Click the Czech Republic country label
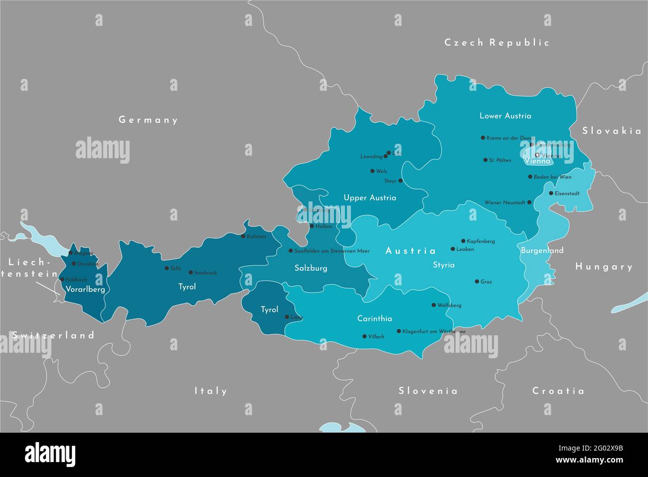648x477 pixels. (x=496, y=42)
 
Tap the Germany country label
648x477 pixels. (x=148, y=120)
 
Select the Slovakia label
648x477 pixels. (x=612, y=131)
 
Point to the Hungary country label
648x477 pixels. (x=604, y=266)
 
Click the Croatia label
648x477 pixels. (x=558, y=391)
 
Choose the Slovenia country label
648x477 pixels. (x=428, y=391)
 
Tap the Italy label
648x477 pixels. (x=210, y=391)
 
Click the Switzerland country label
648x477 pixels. (x=53, y=335)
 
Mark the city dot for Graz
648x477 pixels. (x=477, y=281)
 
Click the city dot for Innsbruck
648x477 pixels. (x=190, y=272)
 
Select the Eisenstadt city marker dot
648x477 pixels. (x=551, y=193)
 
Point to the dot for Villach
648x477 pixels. (x=364, y=336)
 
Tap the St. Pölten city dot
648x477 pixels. (x=485, y=160)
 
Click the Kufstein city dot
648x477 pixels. (x=243, y=236)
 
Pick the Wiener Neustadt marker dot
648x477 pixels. (x=529, y=203)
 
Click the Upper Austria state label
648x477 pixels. (x=370, y=198)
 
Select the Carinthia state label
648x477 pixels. (x=374, y=318)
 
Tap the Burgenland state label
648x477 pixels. (x=542, y=250)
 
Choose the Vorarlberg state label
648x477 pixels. (x=85, y=289)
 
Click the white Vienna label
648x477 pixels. (x=537, y=161)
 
